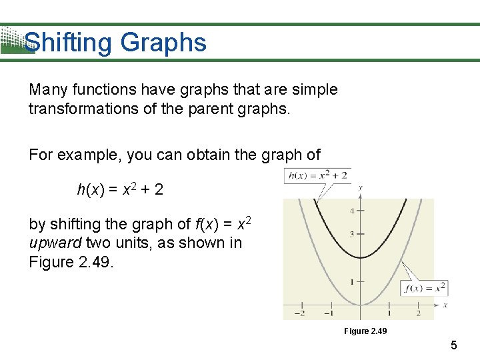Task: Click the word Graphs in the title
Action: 163,43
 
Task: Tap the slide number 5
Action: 454,345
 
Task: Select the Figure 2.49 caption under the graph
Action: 365,331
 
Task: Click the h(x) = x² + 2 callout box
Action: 317,176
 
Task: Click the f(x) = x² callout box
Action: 424,289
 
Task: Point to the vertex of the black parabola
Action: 360,257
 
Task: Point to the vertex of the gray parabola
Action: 360,305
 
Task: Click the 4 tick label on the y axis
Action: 352,211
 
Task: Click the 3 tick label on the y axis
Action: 352,234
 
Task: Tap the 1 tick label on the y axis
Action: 352,281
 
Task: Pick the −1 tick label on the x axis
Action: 329,313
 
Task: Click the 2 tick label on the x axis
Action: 418,313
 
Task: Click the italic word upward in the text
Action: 55,243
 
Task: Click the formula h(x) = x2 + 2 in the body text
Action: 120,190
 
